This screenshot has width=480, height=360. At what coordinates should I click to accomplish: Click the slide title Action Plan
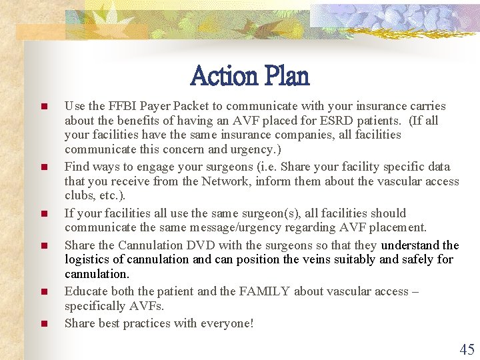(x=250, y=76)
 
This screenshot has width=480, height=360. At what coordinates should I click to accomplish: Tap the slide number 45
(x=467, y=349)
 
